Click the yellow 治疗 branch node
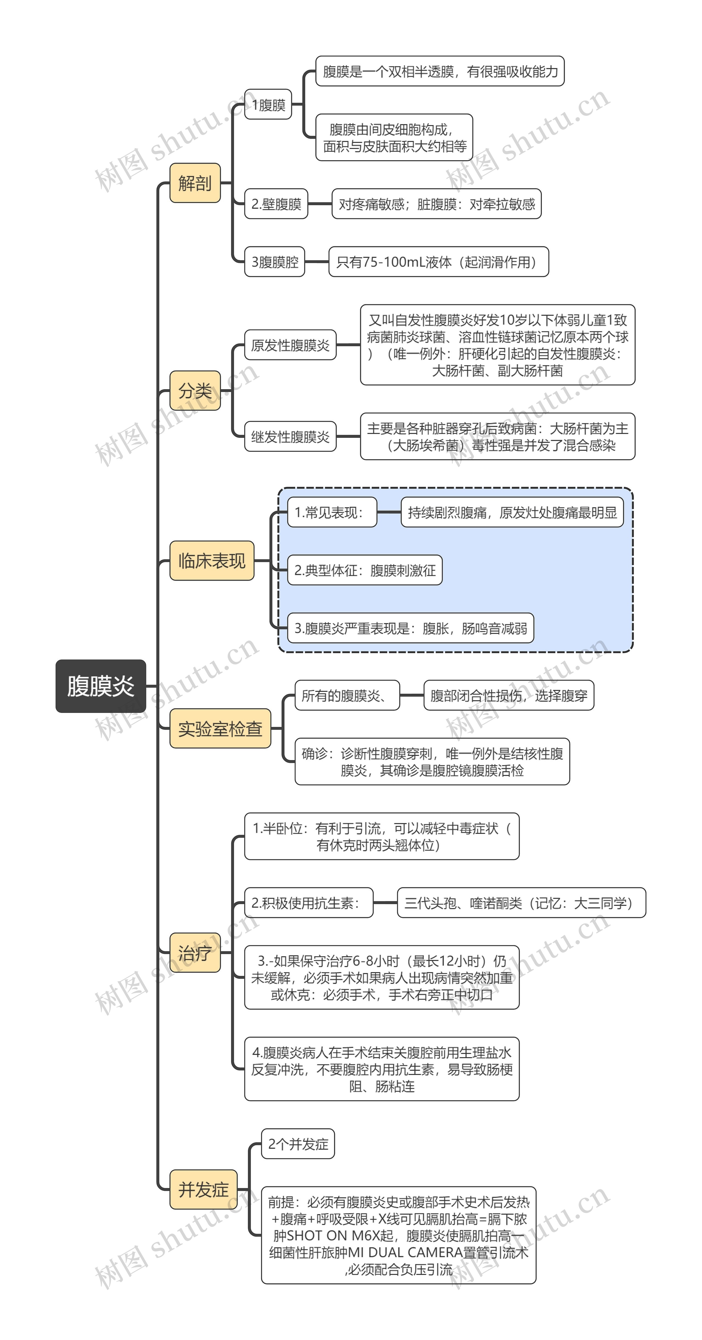(195, 952)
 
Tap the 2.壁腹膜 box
(276, 204)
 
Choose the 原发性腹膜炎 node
(290, 345)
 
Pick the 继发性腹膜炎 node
(290, 436)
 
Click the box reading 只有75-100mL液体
(438, 262)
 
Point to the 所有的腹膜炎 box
(347, 695)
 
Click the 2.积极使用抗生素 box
(309, 902)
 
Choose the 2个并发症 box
(298, 1144)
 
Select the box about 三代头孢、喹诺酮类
(521, 902)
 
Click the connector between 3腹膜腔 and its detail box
(317, 262)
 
